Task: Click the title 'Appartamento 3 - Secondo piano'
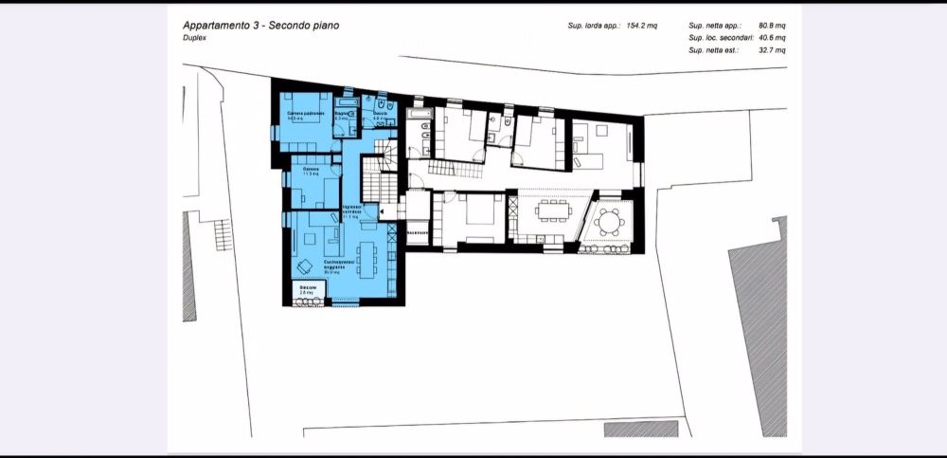coord(260,26)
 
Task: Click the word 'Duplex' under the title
coord(196,40)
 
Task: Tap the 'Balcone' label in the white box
coord(307,287)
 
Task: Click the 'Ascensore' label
coord(418,232)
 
